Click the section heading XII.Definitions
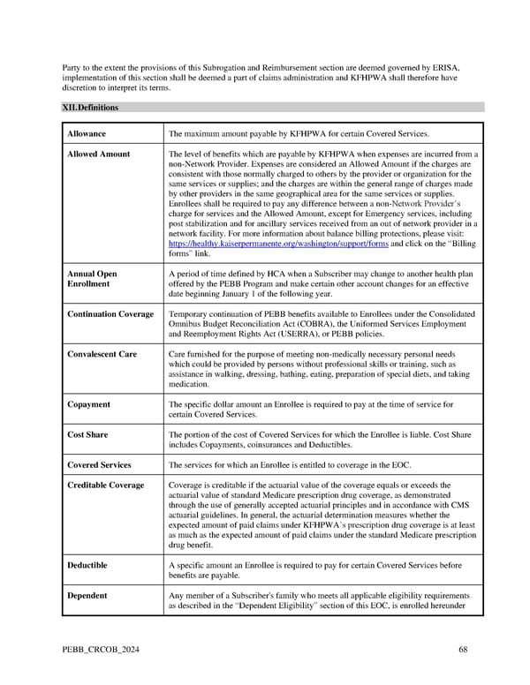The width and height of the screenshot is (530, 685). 90,108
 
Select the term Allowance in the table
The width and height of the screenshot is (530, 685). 87,133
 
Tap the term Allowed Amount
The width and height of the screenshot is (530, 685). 98,154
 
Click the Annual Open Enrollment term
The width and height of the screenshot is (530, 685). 92,279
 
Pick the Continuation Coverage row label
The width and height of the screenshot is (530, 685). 110,314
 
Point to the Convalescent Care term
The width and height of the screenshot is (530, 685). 102,354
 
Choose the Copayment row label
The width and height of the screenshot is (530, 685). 88,404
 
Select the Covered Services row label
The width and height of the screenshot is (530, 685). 99,465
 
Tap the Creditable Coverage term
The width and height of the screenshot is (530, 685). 105,486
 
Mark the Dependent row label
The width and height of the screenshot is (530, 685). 87,595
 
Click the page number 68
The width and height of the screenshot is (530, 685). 464,650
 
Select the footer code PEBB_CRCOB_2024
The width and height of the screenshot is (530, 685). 100,650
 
